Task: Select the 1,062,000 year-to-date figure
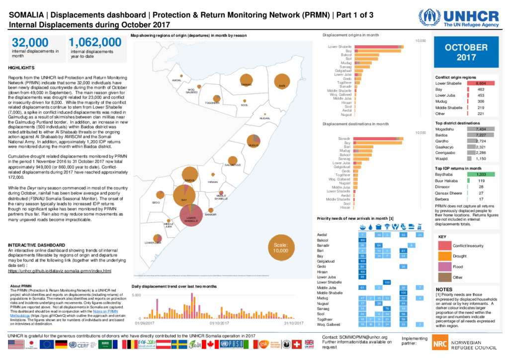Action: pos(95,42)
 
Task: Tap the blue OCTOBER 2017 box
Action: pos(466,52)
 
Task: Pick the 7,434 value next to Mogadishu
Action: pos(480,129)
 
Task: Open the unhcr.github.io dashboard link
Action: pos(60,271)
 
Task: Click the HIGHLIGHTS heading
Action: pos(21,68)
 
